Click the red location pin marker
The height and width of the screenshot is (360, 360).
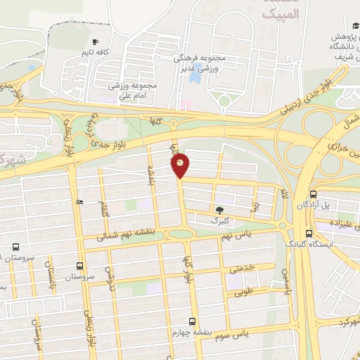coord(181,165)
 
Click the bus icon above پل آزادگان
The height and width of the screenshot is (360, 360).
coord(313,194)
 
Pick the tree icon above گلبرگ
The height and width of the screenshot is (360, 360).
coord(220,210)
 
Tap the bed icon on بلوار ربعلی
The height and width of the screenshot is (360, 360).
coord(79,202)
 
